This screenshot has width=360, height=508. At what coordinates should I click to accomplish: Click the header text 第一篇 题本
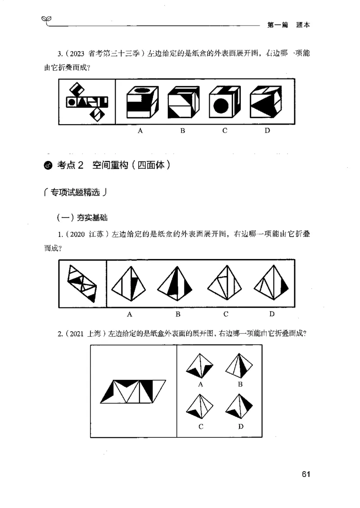click(x=288, y=26)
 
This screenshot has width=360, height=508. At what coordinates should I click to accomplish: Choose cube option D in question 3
click(x=266, y=102)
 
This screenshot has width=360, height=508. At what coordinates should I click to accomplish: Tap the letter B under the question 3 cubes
click(x=183, y=131)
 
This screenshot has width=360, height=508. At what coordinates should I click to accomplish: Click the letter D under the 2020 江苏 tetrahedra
click(x=272, y=314)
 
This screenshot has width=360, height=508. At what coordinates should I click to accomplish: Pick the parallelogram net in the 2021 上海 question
click(x=134, y=390)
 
